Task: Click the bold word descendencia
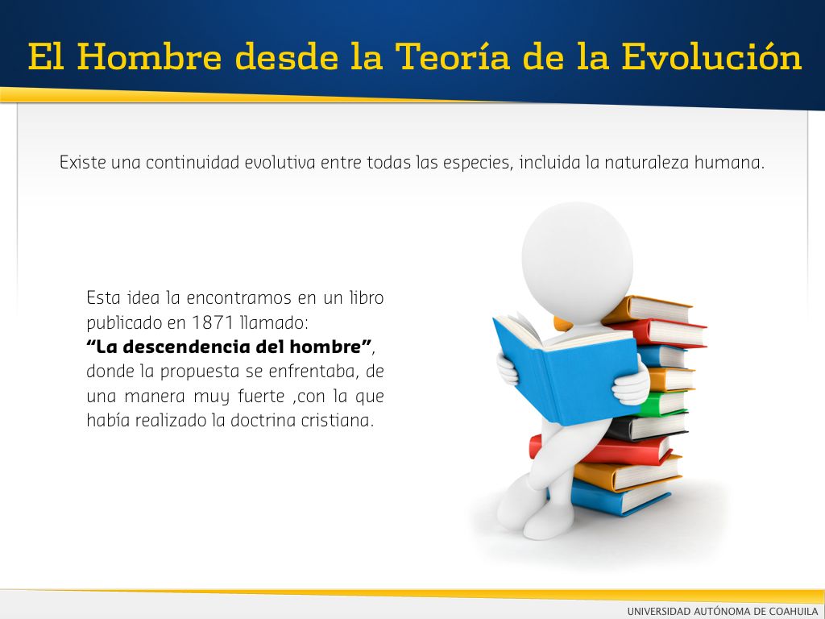(x=187, y=347)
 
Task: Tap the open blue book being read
(x=566, y=368)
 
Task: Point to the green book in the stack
(x=663, y=403)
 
